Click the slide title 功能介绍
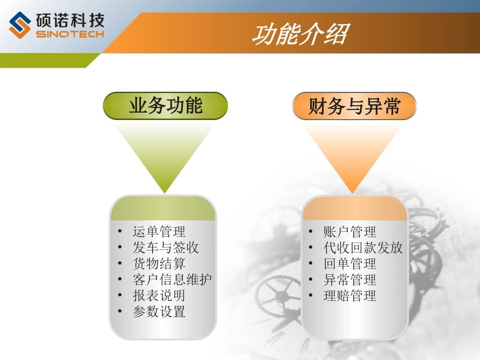(300, 35)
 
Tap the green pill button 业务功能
(165, 106)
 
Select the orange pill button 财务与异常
(354, 107)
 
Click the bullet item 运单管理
(159, 232)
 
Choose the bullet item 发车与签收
(166, 247)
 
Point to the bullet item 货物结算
(159, 264)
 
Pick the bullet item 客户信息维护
(172, 279)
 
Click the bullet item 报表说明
(159, 295)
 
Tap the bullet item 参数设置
(159, 312)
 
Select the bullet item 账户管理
(350, 232)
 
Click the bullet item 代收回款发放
(363, 247)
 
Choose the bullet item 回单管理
(350, 264)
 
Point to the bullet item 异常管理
(350, 279)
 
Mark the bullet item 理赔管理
(350, 295)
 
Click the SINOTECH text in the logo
(70, 34)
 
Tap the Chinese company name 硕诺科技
(70, 21)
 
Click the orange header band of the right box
(355, 209)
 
